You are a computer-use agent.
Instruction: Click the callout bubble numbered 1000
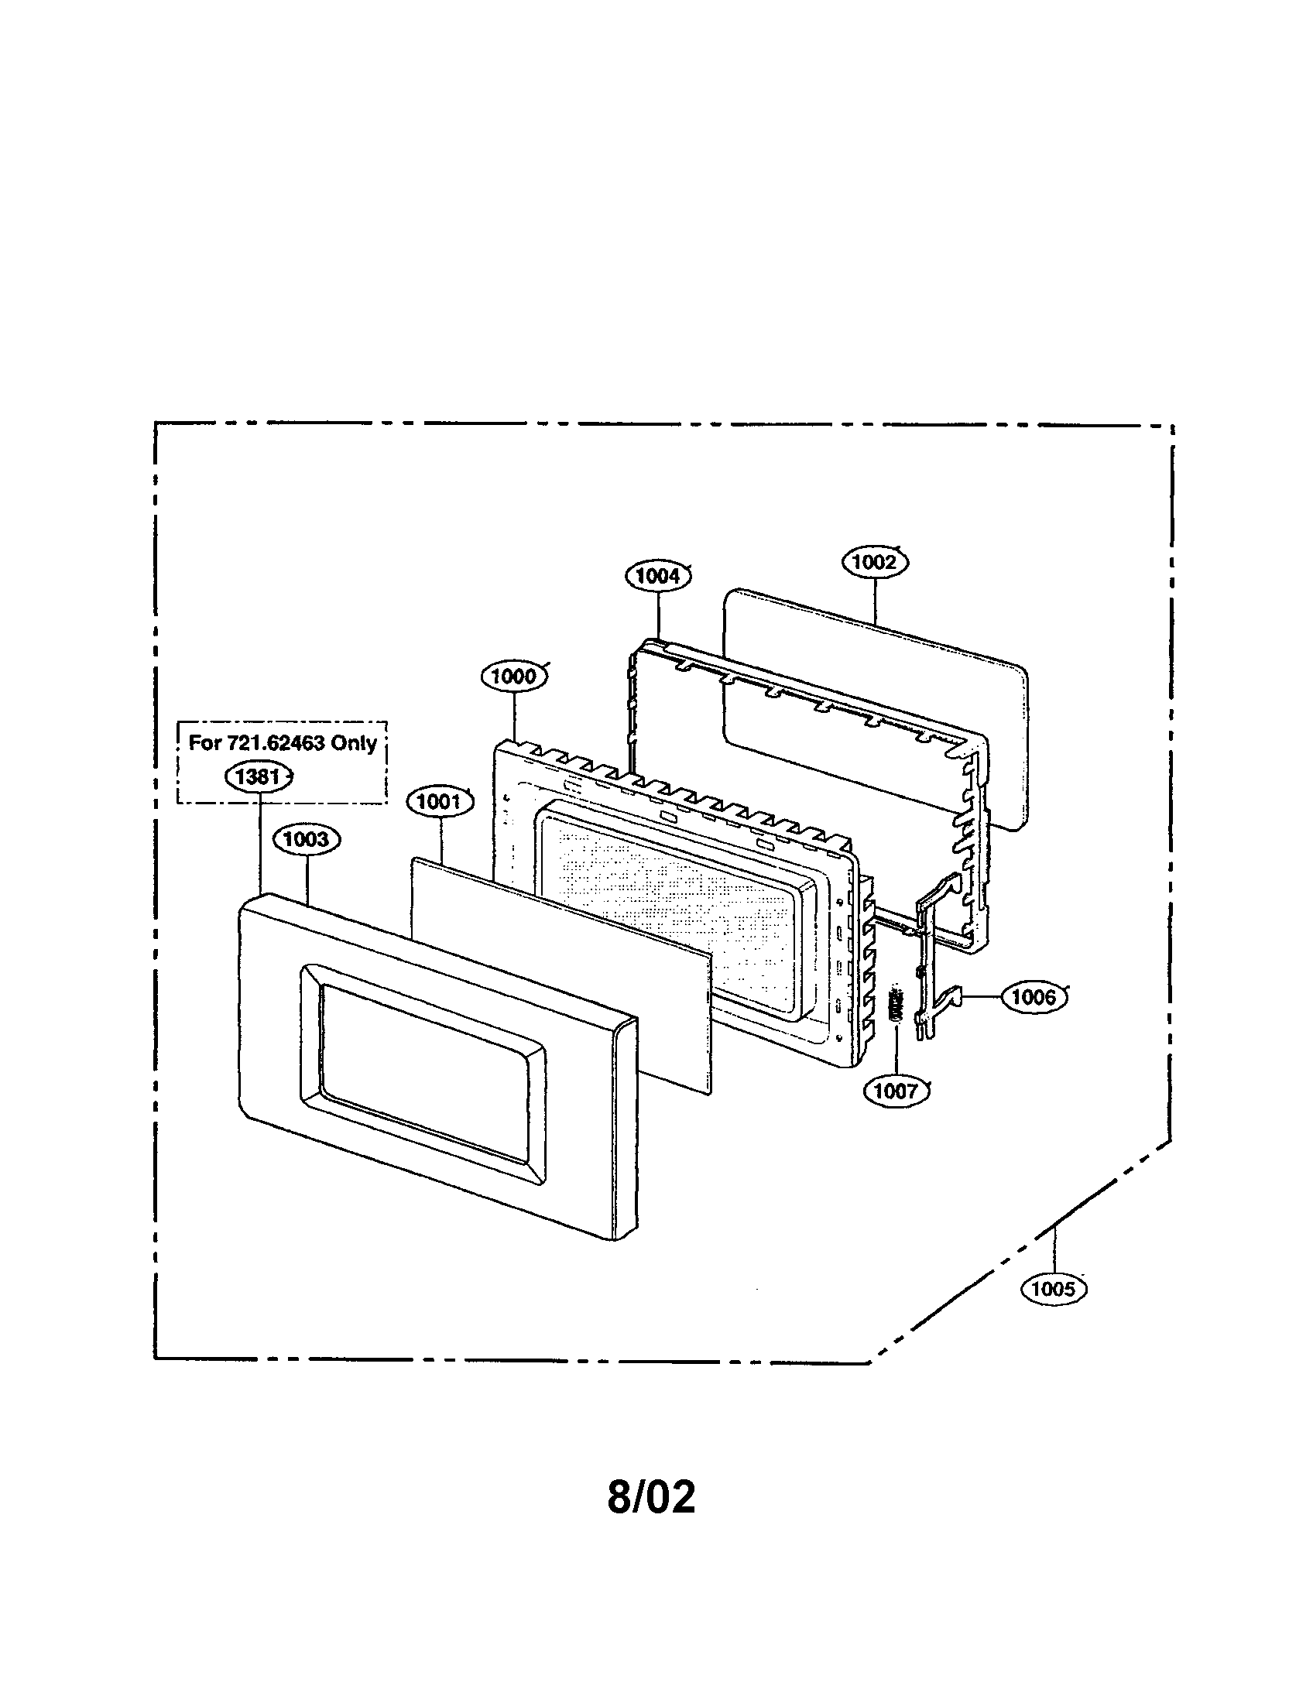click(x=514, y=676)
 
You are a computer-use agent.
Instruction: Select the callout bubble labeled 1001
click(x=440, y=801)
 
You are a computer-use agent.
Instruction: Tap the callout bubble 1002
click(x=875, y=562)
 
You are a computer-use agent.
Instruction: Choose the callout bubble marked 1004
click(x=658, y=576)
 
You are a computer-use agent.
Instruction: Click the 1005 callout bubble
click(x=1054, y=1289)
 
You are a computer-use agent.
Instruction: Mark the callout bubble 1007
click(x=896, y=1090)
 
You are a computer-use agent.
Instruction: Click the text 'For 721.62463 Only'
click(x=283, y=742)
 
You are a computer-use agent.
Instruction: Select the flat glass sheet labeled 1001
click(x=561, y=975)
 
